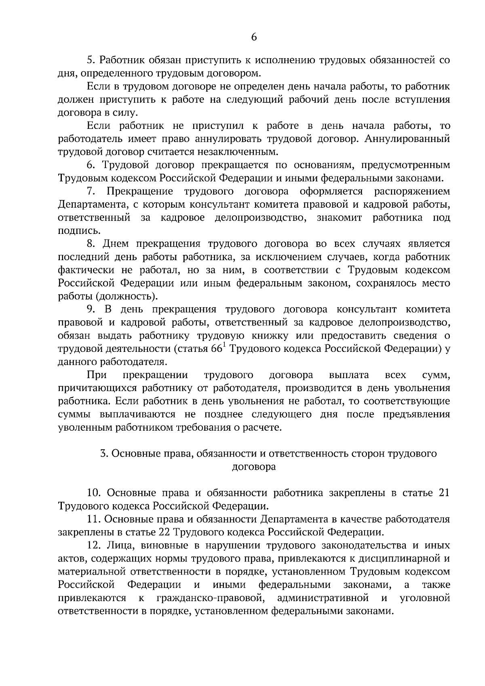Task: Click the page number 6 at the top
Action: (x=254, y=37)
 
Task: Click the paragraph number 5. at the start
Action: (x=91, y=61)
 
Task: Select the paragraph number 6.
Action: (x=91, y=165)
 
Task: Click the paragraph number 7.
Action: (x=91, y=191)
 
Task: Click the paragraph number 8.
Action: (x=91, y=244)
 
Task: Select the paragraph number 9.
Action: (x=91, y=309)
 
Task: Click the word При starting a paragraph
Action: (x=97, y=375)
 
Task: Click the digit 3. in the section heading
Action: (x=103, y=454)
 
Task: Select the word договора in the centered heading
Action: (x=254, y=467)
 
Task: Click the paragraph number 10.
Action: (x=94, y=493)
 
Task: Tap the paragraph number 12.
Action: (x=94, y=546)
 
